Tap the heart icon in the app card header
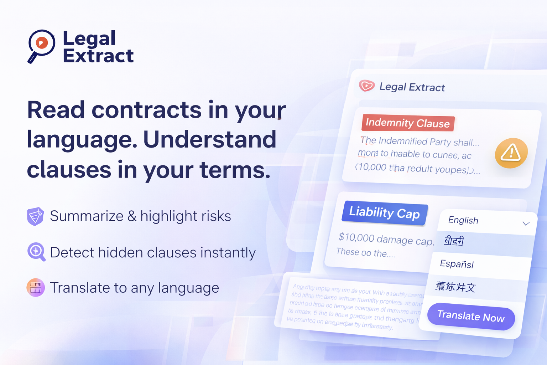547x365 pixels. pos(366,86)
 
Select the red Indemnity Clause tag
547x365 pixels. pos(408,123)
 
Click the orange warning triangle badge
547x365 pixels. pos(511,153)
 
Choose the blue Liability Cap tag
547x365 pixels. pos(385,213)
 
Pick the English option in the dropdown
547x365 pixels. pos(463,220)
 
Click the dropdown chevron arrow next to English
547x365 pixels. pos(526,223)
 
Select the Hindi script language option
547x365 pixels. pos(454,241)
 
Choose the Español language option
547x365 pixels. pos(457,264)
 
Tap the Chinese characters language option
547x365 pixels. pos(455,287)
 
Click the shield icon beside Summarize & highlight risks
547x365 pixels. pos(35,216)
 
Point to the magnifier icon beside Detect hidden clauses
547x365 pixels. pos(36,252)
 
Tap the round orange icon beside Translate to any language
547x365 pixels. pos(36,288)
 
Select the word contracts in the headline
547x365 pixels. pos(147,110)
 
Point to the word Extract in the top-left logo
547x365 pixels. pos(98,56)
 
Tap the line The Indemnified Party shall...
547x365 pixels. pos(420,142)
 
